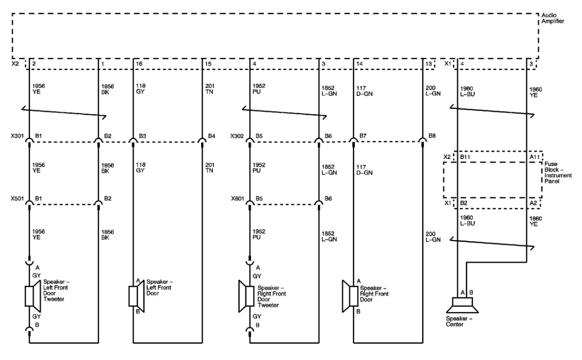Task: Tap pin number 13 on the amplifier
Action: [x=428, y=64]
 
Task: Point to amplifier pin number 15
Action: [x=208, y=64]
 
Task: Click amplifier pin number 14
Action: [x=359, y=64]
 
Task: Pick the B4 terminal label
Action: [x=211, y=136]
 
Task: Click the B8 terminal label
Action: [x=431, y=136]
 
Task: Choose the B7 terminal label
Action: [x=363, y=136]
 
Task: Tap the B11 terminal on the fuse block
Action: [x=465, y=156]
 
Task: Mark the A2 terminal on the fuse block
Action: [x=533, y=202]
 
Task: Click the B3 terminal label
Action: [x=142, y=136]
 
